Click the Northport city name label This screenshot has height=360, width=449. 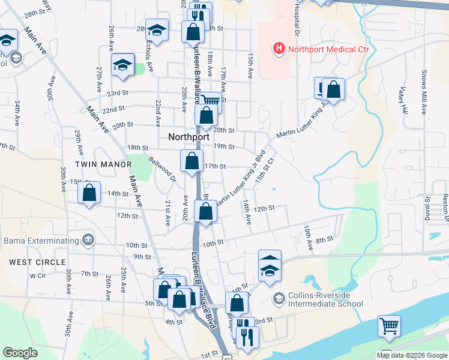click(188, 136)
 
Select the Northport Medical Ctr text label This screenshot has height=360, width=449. click(327, 50)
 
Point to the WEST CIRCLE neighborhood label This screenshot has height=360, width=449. click(37, 262)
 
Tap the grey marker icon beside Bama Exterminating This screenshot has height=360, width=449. click(89, 241)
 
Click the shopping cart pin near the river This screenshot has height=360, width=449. click(389, 326)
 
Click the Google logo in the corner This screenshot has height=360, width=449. click(20, 353)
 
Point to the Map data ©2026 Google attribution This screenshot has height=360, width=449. click(411, 355)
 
